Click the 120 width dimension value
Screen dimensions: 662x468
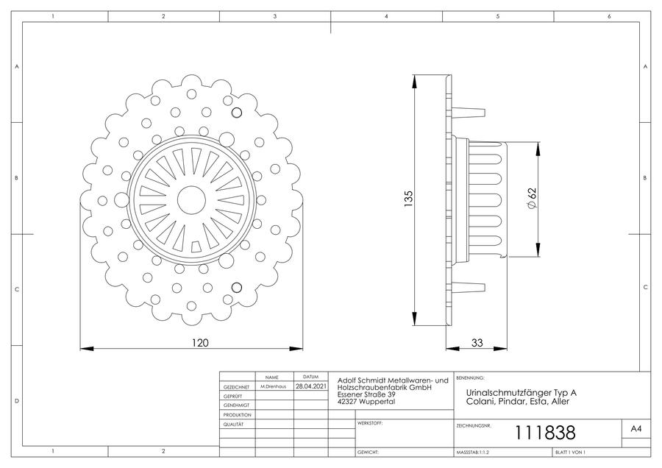(200, 343)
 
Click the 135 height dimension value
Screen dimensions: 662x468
(408, 199)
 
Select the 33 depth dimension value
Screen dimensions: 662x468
(477, 343)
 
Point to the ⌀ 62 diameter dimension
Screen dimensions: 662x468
(532, 198)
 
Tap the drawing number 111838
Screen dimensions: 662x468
(544, 433)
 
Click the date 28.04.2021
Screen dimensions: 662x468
(310, 386)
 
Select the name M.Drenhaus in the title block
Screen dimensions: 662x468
(273, 386)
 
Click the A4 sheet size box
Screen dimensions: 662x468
(636, 429)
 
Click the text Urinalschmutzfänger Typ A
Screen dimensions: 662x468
(521, 393)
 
